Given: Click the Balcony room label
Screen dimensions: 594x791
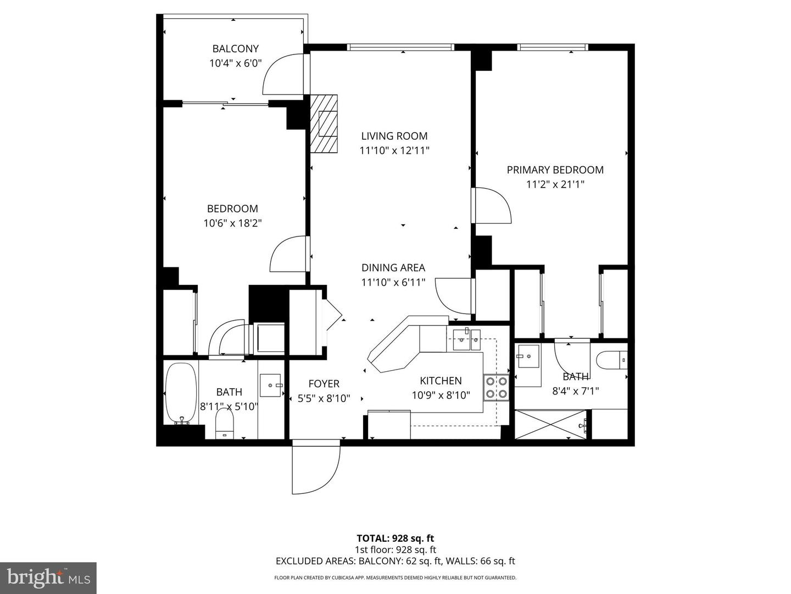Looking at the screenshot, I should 235,49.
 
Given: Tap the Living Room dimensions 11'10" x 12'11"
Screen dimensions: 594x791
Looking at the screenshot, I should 394,151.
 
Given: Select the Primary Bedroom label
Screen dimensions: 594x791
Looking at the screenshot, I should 555,170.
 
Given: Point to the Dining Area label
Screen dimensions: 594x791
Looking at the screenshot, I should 393,268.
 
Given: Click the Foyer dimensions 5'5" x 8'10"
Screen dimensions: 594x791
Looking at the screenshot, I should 324,398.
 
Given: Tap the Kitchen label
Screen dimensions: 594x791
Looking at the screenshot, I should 441,381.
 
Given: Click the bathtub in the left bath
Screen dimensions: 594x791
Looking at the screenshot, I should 181,393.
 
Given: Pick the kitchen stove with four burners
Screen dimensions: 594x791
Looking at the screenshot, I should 495,387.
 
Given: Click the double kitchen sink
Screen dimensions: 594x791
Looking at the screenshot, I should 466,339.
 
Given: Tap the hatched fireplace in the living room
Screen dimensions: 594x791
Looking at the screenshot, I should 324,124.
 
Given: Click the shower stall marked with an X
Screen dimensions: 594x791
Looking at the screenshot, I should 553,424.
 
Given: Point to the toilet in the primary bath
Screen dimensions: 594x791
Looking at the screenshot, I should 611,361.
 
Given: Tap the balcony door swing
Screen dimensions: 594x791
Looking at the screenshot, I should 281,74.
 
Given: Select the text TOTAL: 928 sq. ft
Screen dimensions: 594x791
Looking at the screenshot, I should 395,538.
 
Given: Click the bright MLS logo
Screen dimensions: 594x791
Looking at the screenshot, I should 48,577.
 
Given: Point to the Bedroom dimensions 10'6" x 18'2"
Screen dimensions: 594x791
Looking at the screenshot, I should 232,223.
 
